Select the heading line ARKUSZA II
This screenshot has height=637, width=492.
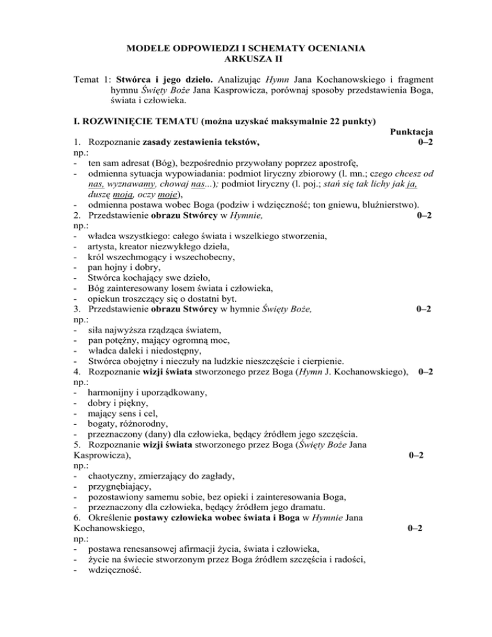coord(246,60)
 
